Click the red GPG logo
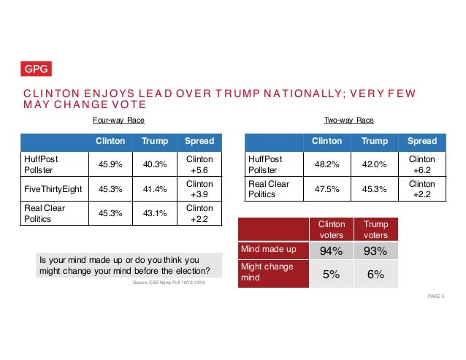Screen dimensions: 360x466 point(36,69)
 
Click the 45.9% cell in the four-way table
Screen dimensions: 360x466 point(110,164)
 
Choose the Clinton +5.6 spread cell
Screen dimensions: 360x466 point(199,164)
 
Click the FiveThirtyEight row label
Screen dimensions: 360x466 point(54,190)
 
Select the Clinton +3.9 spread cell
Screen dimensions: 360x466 point(199,190)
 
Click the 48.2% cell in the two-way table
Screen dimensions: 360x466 point(326,164)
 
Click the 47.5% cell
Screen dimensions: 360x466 point(326,190)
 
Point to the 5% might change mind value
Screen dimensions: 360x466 point(330,275)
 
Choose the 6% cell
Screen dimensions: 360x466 point(375,275)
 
